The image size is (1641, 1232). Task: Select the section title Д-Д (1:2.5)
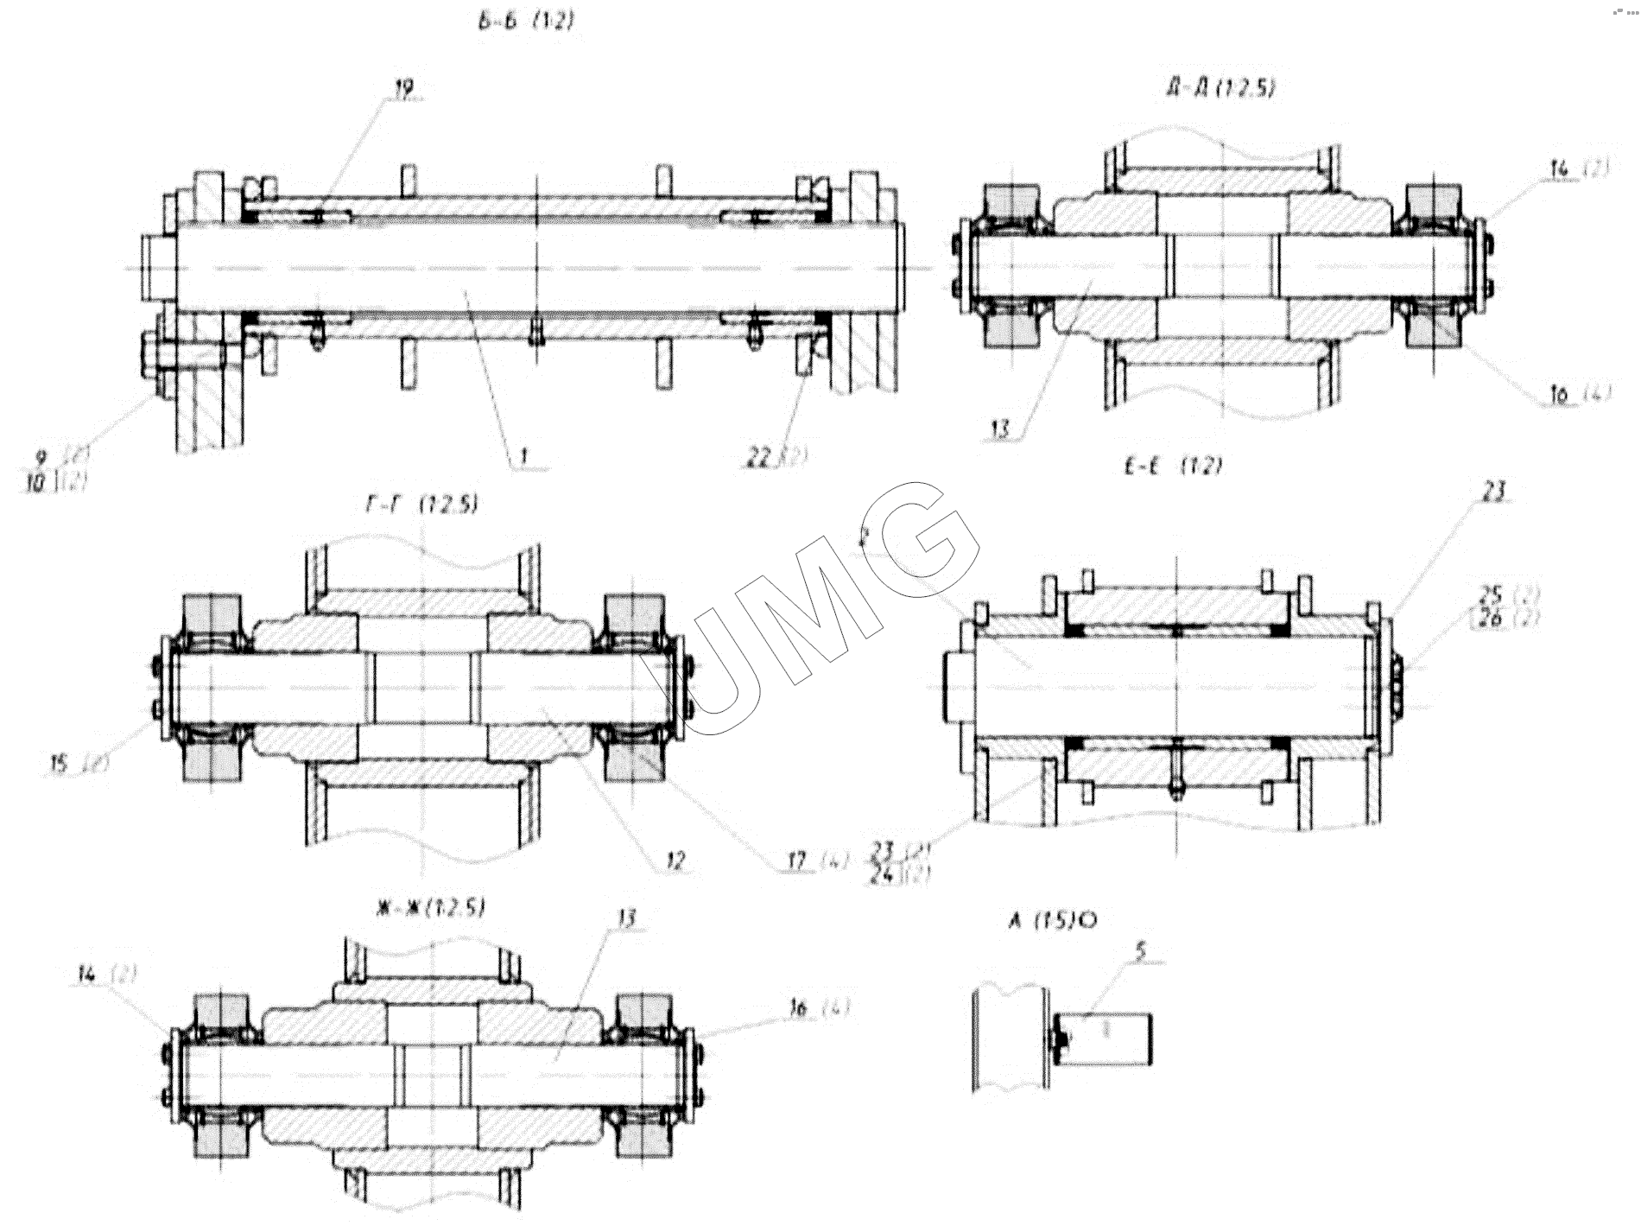pyautogui.click(x=1219, y=88)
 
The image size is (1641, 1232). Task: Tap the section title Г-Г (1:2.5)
pyautogui.click(x=421, y=506)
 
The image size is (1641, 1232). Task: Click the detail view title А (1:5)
pyautogui.click(x=1051, y=921)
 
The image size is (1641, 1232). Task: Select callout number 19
pyautogui.click(x=403, y=86)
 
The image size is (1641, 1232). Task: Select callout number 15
pyautogui.click(x=60, y=763)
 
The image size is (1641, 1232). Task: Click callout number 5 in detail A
pyautogui.click(x=1140, y=951)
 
